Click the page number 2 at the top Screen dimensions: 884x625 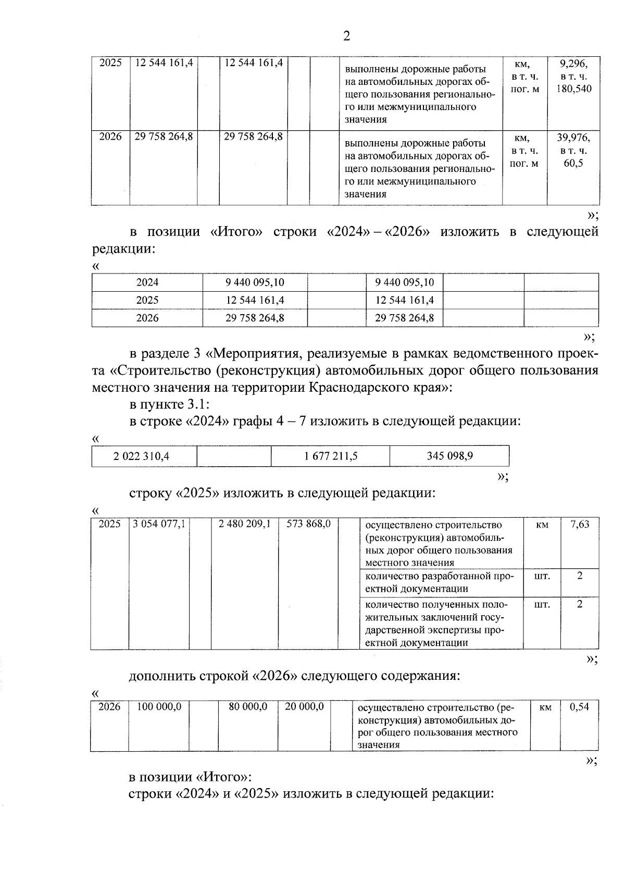[x=346, y=36]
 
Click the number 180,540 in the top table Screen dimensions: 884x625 [x=573, y=89]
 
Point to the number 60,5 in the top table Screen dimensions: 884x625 [x=573, y=163]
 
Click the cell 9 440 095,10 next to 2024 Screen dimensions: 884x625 [x=255, y=282]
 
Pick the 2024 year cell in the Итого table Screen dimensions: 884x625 [x=147, y=282]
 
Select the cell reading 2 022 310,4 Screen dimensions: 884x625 [x=142, y=456]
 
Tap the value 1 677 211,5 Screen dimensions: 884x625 [x=331, y=456]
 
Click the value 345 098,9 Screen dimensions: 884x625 [x=449, y=456]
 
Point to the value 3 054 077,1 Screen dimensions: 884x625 [x=159, y=524]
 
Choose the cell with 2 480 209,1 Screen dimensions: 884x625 [x=245, y=524]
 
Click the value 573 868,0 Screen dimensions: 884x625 [x=309, y=524]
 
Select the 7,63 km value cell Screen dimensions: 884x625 [x=580, y=524]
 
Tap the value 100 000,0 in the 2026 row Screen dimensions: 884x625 [x=159, y=707]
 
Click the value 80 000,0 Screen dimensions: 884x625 [x=248, y=707]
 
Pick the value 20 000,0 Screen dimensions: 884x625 [x=305, y=707]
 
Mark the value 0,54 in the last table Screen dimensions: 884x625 [x=579, y=707]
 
